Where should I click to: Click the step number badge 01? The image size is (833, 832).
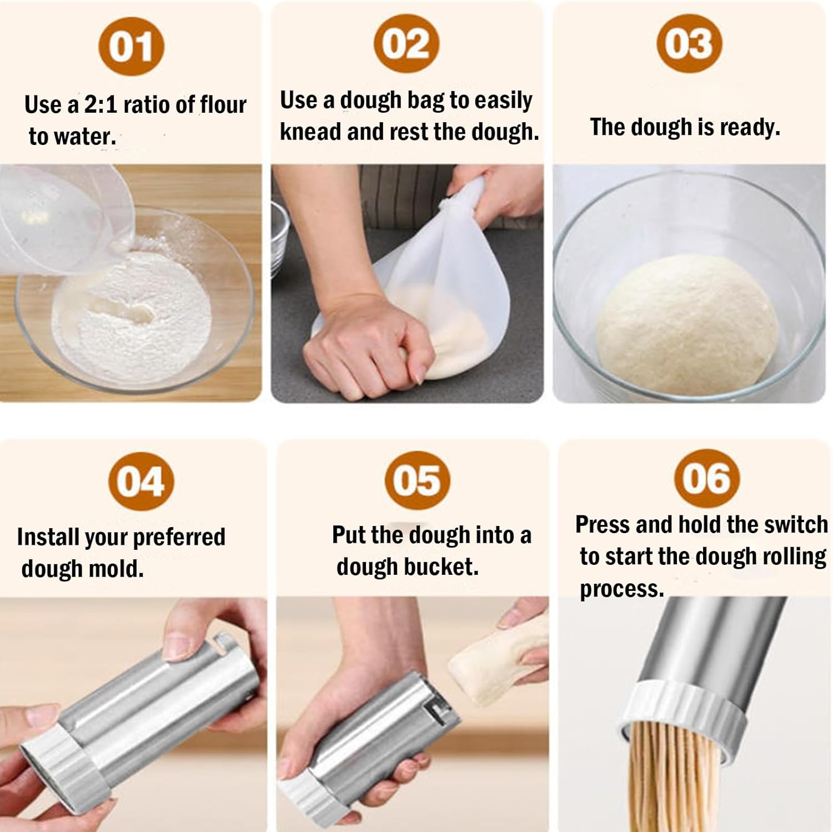click(131, 47)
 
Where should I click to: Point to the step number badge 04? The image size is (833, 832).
click(141, 482)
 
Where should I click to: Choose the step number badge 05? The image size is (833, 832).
click(417, 480)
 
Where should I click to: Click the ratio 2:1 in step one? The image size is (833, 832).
click(101, 104)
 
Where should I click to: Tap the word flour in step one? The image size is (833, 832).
click(223, 104)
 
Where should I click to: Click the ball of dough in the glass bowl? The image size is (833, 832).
click(686, 325)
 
